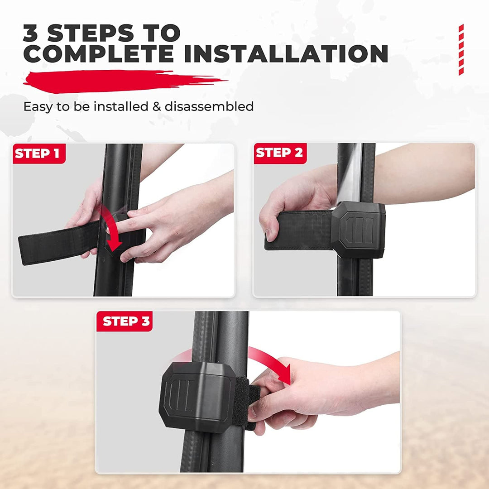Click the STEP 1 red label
(x=39, y=153)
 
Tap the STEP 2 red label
(x=280, y=153)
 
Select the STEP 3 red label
(x=125, y=321)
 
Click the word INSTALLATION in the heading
(x=286, y=53)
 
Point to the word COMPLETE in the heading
(x=98, y=53)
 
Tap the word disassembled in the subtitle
(x=209, y=107)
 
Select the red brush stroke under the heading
(x=125, y=81)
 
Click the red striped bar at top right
(x=461, y=50)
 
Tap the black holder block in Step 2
(x=358, y=230)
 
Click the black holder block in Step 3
(x=197, y=397)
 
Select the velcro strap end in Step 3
(x=246, y=403)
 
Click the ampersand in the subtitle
(x=157, y=107)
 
